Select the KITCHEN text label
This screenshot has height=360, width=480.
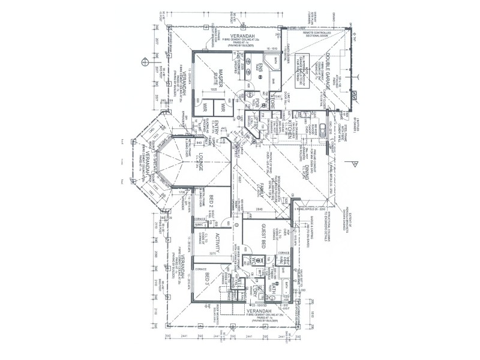290,130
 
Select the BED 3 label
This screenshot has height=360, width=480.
207,280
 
